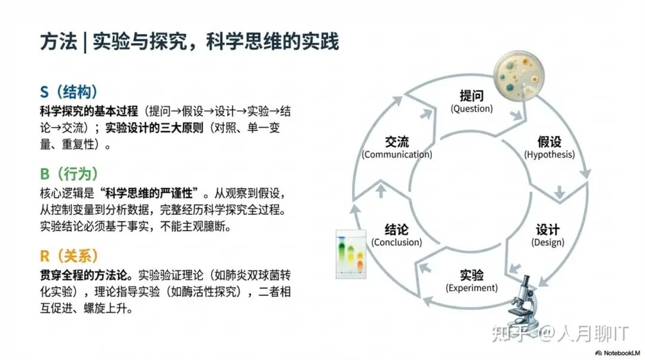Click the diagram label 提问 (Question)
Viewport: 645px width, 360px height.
pos(472,101)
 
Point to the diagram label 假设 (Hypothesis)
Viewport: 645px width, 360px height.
pos(549,147)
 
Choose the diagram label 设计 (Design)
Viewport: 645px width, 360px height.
pos(548,235)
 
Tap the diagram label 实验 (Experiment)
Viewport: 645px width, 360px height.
pos(472,281)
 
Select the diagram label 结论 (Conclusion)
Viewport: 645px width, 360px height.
pos(397,235)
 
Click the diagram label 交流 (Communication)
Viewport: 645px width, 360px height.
pos(397,147)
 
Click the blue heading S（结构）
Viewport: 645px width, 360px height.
pos(69,92)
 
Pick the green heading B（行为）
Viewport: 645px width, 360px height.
pos(69,174)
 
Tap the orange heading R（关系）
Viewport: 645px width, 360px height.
pos(69,256)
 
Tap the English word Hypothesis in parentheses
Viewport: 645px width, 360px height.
pos(549,155)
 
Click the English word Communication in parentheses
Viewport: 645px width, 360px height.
pos(397,155)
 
